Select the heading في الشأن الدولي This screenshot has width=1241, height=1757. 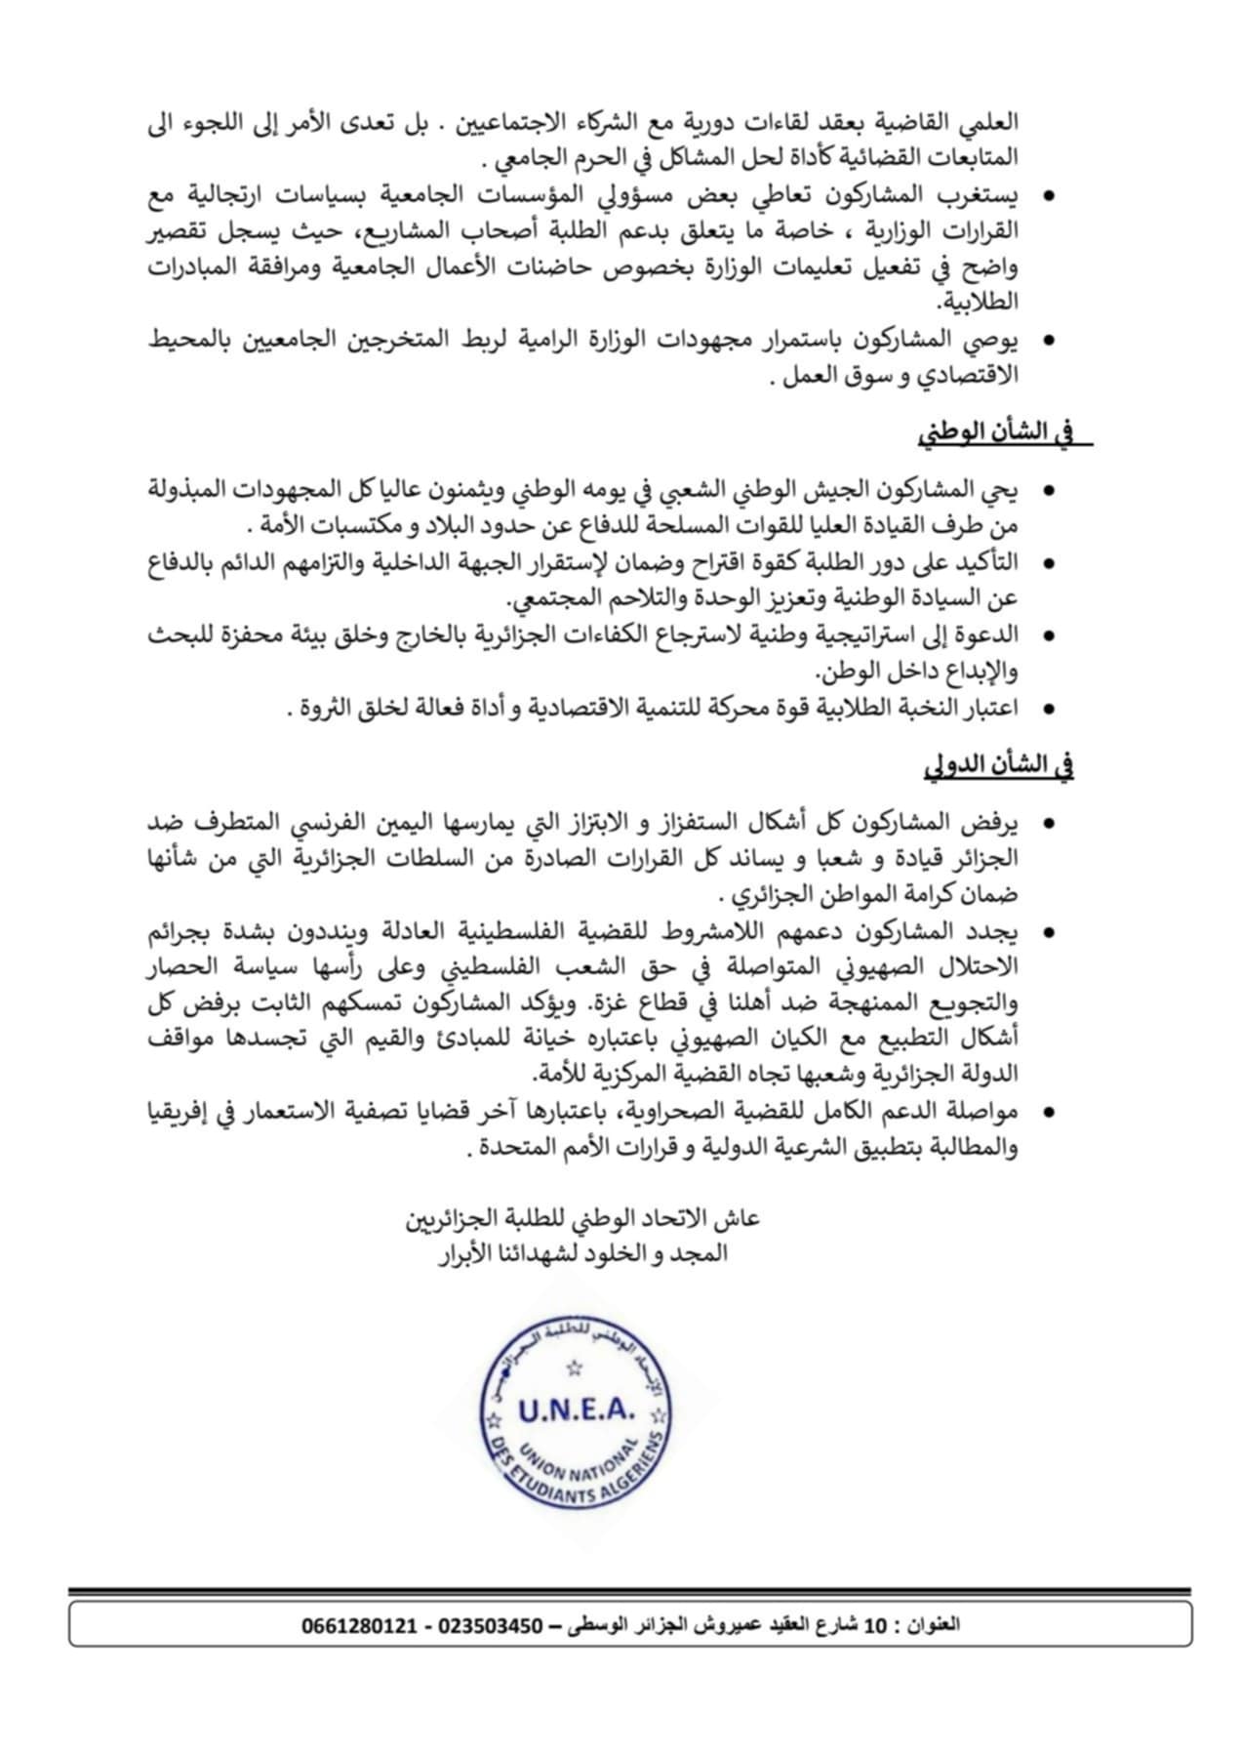999,767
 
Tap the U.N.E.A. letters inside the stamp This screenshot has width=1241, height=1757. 577,1410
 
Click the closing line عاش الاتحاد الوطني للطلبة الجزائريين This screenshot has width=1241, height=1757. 582,1220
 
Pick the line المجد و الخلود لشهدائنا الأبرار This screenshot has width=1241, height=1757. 582,1253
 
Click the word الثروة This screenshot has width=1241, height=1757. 327,709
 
